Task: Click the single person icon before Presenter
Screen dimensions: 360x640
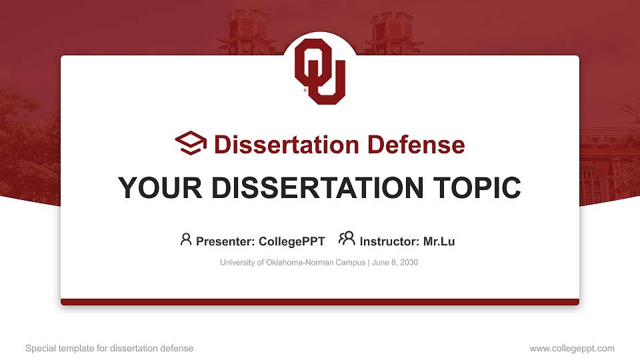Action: pos(186,239)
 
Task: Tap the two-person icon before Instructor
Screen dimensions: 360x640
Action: pos(347,239)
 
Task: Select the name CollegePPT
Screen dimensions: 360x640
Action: pos(293,241)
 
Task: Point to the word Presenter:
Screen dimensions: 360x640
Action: pos(222,241)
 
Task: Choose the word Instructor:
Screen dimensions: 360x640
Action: pos(389,241)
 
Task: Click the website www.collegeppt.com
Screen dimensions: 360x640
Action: pos(572,348)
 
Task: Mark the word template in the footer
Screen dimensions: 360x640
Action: pos(75,348)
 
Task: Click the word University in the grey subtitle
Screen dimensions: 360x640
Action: pos(237,263)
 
